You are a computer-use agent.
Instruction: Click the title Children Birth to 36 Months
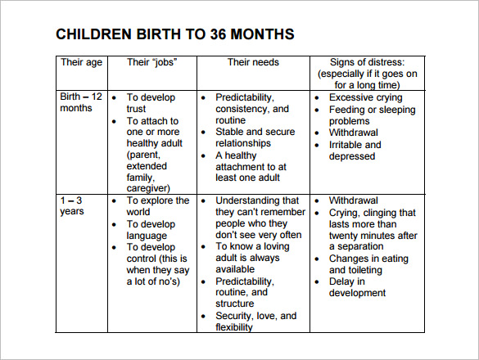[174, 34]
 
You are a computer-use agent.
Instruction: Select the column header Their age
[82, 62]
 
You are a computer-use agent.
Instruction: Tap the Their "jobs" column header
[151, 62]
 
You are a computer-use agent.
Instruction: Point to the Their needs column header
[252, 62]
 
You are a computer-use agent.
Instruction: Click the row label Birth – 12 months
[81, 103]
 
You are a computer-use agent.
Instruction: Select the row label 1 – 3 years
[71, 206]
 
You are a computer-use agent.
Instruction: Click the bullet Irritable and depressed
[355, 151]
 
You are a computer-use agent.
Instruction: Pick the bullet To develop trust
[151, 103]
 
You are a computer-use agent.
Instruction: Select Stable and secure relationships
[255, 137]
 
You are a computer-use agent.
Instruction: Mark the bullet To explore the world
[157, 206]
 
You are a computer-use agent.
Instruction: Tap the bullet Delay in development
[357, 287]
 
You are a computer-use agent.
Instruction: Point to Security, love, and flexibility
[255, 322]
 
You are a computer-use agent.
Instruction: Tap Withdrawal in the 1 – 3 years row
[354, 200]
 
